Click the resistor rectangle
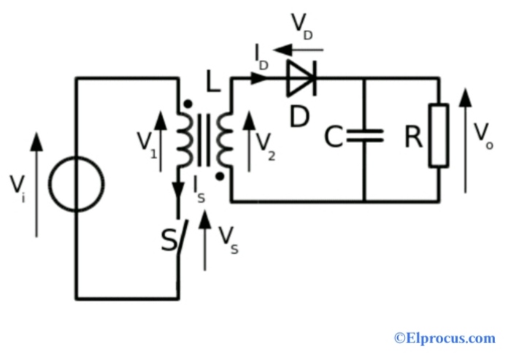click(439, 136)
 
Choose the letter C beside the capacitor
click(334, 137)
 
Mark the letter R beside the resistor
click(413, 137)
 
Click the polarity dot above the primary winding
click(188, 104)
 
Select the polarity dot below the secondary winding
click(220, 175)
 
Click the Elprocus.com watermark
click(445, 337)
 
